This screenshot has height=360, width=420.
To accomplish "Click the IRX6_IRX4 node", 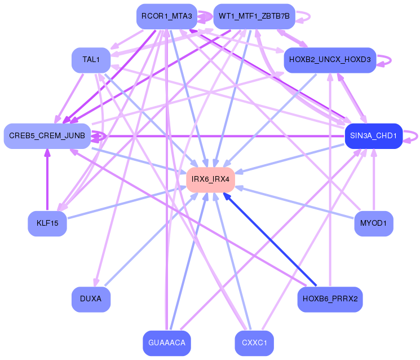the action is point(210,179).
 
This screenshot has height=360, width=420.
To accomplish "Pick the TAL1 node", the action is point(90,60).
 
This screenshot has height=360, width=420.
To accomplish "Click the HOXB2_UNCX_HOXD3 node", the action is point(330,60).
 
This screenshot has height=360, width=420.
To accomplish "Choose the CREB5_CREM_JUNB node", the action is point(47,136).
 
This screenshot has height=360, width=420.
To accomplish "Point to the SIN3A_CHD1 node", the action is point(373,136).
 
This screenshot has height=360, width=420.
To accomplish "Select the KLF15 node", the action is point(47,223).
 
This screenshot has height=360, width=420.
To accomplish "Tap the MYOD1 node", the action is point(373,223).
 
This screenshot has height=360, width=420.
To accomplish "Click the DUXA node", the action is point(90,299).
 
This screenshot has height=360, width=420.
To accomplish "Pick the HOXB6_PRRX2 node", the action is point(330,299).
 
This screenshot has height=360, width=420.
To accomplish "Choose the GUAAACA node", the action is point(167,343).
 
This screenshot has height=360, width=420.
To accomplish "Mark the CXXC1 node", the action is point(254,343).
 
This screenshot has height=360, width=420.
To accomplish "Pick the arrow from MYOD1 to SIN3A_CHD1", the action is point(373,181).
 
